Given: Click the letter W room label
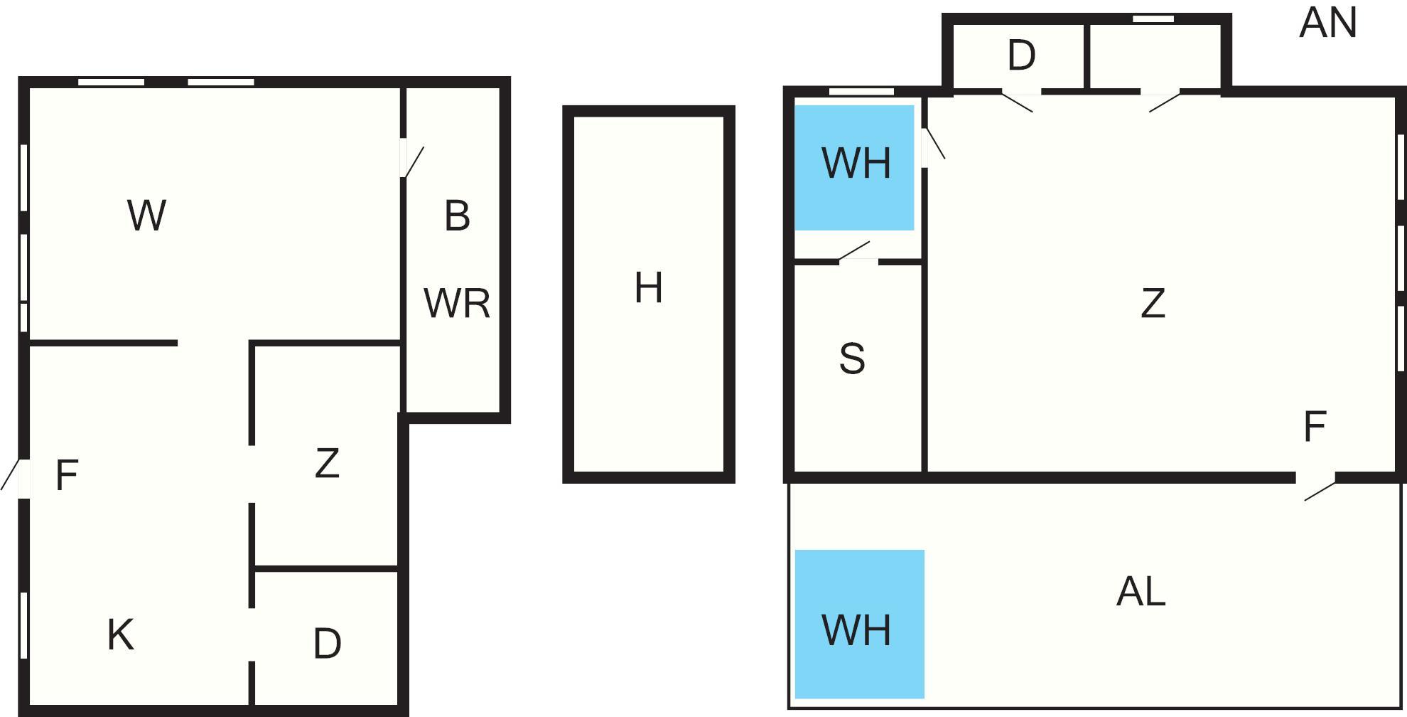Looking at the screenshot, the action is click(147, 216).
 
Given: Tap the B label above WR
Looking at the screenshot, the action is click(457, 216).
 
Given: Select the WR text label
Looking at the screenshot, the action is click(457, 303).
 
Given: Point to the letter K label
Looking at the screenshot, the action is click(120, 634).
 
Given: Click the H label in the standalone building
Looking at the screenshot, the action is click(648, 288).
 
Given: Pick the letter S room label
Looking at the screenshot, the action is click(852, 358).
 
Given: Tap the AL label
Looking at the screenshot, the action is click(1141, 591).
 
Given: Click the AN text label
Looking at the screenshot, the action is click(1327, 23).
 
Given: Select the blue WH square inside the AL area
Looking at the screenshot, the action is click(859, 624).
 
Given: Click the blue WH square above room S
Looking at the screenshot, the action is click(854, 168).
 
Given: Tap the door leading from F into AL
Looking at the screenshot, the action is click(1316, 487).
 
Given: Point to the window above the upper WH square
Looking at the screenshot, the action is click(861, 91).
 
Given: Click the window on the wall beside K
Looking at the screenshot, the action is click(23, 625).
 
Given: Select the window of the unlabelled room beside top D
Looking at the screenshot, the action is click(1153, 19).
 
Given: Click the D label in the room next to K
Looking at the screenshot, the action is click(327, 643).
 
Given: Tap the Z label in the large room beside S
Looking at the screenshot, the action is click(1153, 303).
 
